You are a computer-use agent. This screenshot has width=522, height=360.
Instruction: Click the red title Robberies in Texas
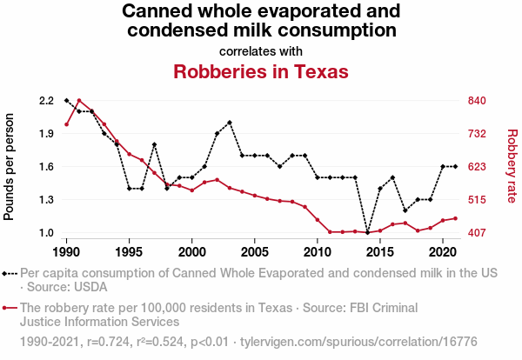pyautogui.click(x=261, y=71)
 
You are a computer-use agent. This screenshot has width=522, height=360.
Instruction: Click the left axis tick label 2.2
pyautogui.click(x=46, y=101)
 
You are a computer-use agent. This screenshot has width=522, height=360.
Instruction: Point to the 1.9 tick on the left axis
pyautogui.click(x=46, y=134)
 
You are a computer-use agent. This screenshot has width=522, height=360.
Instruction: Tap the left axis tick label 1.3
pyautogui.click(x=46, y=200)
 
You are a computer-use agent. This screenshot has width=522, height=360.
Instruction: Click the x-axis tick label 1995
pyautogui.click(x=129, y=251)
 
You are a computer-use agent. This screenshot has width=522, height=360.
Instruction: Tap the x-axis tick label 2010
pyautogui.click(x=318, y=251)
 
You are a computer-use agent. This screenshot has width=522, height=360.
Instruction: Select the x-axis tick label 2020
pyautogui.click(x=443, y=251)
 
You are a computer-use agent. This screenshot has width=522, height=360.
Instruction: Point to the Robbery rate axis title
pyautogui.click(x=512, y=165)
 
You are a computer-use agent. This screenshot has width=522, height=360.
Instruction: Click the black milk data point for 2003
pyautogui.click(x=230, y=123)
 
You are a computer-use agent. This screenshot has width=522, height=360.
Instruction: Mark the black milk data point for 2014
pyautogui.click(x=368, y=233)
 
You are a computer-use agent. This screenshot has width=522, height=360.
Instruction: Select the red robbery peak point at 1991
pyautogui.click(x=79, y=101)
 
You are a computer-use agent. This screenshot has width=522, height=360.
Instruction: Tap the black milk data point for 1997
pyautogui.click(x=154, y=144)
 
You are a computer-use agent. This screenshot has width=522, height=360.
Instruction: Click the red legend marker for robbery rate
pyautogui.click(x=10, y=308)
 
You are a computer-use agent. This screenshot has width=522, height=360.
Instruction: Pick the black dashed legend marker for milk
pyautogui.click(x=10, y=273)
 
